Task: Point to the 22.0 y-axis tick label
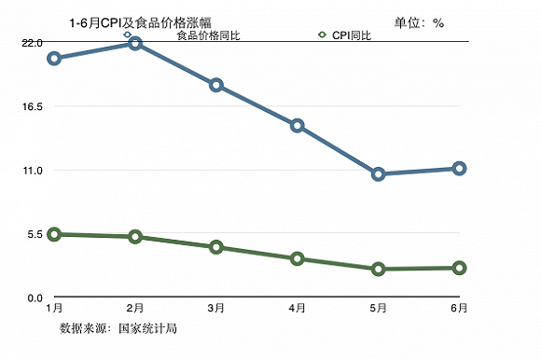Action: pos(32,43)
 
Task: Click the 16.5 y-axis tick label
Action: pos(32,106)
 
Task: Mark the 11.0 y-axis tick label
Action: pos(32,170)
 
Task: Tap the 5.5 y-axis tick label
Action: pos(34,233)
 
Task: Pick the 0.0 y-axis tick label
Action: pos(34,297)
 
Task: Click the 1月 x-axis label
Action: pos(54,308)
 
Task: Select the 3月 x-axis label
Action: pos(216,308)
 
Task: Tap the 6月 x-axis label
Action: pos(459,308)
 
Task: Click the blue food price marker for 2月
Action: pos(135,44)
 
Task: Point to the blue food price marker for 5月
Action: pos(378,174)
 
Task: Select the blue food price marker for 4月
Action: pos(297,126)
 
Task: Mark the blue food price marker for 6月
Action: pos(459,169)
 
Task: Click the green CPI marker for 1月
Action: pos(54,235)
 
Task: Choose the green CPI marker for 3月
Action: pos(216,247)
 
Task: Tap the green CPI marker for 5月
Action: pos(378,270)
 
